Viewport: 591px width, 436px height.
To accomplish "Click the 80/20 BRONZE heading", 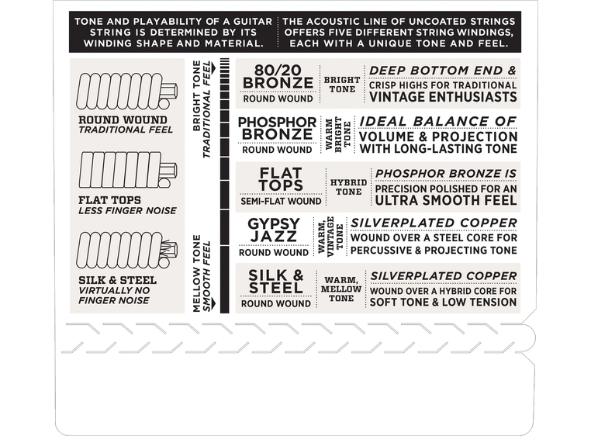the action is pyautogui.click(x=278, y=77).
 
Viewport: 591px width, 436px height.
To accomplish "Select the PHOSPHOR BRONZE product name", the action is pyautogui.click(x=278, y=128).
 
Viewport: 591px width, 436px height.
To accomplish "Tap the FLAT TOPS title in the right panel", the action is pyautogui.click(x=282, y=179).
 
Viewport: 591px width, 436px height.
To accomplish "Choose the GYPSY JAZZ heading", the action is pyautogui.click(x=273, y=230).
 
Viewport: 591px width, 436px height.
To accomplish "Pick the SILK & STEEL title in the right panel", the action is pyautogui.click(x=276, y=282).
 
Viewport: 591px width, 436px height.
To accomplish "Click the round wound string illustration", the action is pyautogui.click(x=126, y=91).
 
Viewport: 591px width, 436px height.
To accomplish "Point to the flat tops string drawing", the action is pyautogui.click(x=127, y=170).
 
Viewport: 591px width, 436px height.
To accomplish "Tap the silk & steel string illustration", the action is pyautogui.click(x=126, y=250).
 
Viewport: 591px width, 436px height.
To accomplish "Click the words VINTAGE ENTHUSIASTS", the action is pyautogui.click(x=443, y=97).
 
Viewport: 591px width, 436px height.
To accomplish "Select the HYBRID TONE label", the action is pyautogui.click(x=349, y=187).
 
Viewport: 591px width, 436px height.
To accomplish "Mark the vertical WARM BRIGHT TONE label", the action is pyautogui.click(x=338, y=134).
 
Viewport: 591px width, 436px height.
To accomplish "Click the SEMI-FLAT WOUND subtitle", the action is pyautogui.click(x=282, y=202).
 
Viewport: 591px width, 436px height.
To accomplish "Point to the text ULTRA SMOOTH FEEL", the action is pyautogui.click(x=446, y=200).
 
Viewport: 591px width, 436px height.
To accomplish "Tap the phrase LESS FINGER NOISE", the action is pyautogui.click(x=127, y=210).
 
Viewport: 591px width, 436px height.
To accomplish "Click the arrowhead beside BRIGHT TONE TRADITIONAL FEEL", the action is pyautogui.click(x=214, y=68).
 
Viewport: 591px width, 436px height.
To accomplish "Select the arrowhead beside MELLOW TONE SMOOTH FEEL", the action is pyautogui.click(x=214, y=304).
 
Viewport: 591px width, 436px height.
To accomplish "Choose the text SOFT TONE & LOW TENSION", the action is pyautogui.click(x=444, y=302).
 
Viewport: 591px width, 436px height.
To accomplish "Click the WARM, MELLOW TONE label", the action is pyautogui.click(x=341, y=289).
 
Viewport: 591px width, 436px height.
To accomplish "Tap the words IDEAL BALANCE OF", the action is pyautogui.click(x=438, y=122).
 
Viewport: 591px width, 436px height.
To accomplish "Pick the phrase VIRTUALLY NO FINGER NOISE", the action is pyautogui.click(x=114, y=296).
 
